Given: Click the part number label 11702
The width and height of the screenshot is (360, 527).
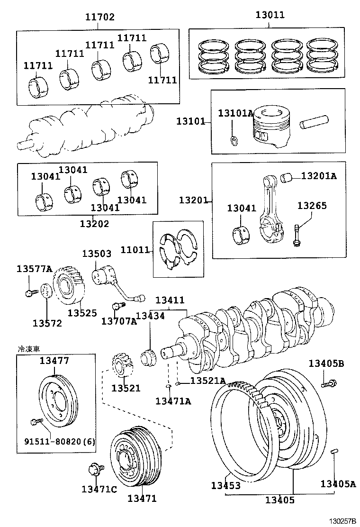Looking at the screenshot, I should coord(100,17).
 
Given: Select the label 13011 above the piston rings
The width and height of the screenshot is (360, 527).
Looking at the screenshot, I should coord(270,15).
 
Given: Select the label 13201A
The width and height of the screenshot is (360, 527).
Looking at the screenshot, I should coord(319,176).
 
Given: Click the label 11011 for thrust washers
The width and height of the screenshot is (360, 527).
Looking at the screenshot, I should coord(135,250).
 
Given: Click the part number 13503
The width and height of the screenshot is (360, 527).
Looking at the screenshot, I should coord(97,254).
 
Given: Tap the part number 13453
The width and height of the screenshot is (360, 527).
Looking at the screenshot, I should coord(226,486).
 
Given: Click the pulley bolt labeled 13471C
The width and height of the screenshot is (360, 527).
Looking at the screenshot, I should coord(93,471).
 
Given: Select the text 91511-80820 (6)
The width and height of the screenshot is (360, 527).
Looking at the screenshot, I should coord(60,442).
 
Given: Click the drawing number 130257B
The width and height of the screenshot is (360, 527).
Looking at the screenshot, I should coord(342,521).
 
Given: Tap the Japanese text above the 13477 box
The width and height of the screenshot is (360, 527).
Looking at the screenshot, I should coord(28,348).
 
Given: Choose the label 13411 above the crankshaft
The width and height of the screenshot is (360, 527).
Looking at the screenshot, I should coord(170,300).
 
